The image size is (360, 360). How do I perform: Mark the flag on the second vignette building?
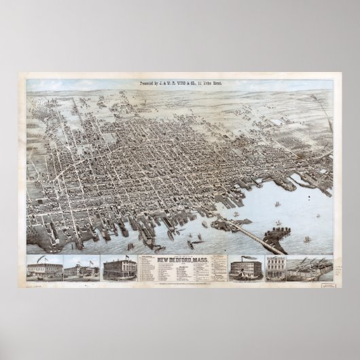[86, 259]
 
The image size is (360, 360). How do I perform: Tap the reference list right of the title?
[219, 267]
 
